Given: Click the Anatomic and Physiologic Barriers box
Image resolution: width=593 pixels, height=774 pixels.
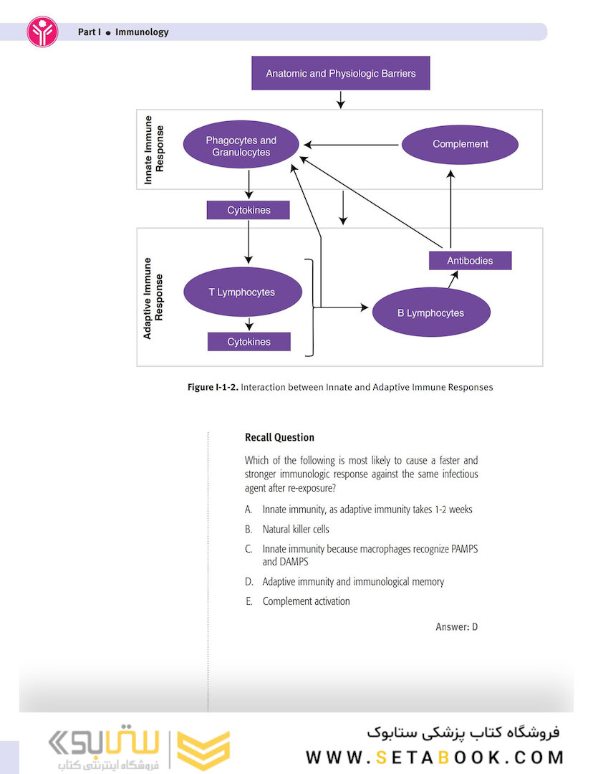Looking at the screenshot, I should point(340,73).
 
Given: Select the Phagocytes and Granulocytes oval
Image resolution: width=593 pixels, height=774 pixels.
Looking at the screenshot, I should point(241,146).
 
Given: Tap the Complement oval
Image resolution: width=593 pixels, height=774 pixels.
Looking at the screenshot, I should point(460,144).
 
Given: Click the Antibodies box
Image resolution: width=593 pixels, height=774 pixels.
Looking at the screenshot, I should point(470,260).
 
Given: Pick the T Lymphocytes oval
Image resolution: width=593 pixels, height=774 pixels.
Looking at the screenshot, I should point(242,292).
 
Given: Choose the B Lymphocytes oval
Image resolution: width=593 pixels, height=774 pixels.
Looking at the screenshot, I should point(430,312).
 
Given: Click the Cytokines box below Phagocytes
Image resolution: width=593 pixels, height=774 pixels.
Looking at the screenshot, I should point(248,210).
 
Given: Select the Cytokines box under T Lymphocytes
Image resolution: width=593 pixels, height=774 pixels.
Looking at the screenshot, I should point(249,342).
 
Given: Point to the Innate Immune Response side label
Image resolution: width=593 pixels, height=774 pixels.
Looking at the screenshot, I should point(154,155).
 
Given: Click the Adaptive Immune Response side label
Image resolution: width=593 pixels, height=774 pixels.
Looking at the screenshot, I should point(153,297).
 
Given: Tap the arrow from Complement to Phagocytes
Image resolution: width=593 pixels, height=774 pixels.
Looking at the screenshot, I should point(351,145).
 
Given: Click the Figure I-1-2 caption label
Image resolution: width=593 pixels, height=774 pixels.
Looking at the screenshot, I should point(213,387).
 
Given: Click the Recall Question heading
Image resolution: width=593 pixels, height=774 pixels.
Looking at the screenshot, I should point(279,437).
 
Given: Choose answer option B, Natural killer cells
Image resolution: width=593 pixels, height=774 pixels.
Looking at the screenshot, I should point(295,529).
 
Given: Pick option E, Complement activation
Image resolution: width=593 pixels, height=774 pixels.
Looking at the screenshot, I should point(305,601).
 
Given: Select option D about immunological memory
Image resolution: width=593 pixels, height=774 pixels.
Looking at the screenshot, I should point(352,581).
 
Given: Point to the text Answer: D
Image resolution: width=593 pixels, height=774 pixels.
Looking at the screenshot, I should point(456,627).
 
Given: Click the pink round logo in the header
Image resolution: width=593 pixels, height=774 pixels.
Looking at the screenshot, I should point(42,32).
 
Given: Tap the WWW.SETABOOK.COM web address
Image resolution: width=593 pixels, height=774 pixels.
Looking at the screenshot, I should point(435,758).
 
